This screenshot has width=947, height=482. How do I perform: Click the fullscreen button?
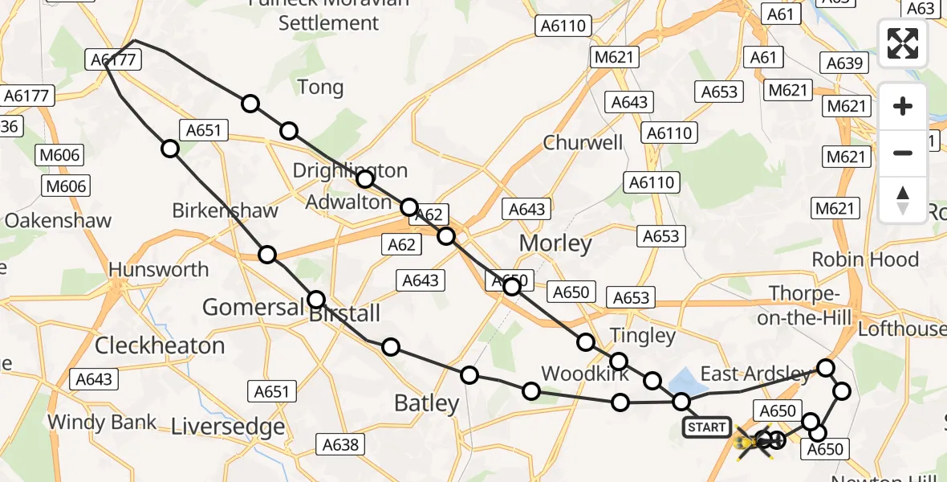tap(903, 43)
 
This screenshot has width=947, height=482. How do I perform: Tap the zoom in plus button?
tap(903, 106)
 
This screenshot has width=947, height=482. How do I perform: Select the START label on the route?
tap(706, 427)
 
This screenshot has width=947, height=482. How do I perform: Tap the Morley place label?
tap(555, 243)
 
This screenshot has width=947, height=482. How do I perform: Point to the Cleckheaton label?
tap(160, 345)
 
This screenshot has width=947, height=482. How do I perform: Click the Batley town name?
tap(427, 403)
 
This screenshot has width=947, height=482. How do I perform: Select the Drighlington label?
tap(350, 170)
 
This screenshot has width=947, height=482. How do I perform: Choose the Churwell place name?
tap(583, 143)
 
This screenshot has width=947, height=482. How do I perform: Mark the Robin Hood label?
tap(865, 259)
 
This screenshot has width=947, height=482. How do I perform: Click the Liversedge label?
tap(228, 426)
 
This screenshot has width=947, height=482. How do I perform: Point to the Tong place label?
tap(320, 87)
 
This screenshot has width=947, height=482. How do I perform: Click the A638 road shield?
tap(340, 444)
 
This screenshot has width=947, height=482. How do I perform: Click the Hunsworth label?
tap(159, 270)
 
